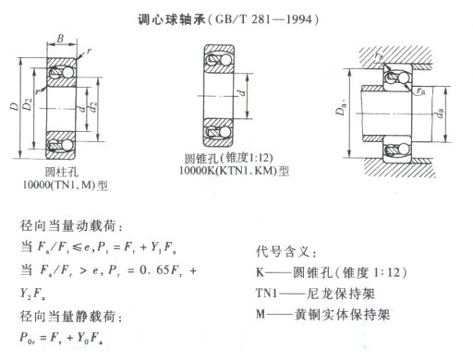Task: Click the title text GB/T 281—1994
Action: coord(263,19)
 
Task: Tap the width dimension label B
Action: coord(60,38)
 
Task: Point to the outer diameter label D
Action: coord(14,106)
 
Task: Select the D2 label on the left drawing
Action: coord(28,103)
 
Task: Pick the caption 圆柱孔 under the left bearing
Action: coord(62,172)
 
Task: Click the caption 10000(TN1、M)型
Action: coord(66,185)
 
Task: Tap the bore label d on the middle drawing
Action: coord(242,92)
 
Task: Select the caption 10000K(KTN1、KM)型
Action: coord(234,170)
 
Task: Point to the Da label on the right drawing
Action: coord(341,108)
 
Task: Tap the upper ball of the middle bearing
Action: coord(224,60)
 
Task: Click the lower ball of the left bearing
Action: coord(67,145)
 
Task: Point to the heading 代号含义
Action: coord(283,252)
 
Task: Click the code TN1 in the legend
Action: coord(266,293)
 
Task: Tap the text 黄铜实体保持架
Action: coord(342,315)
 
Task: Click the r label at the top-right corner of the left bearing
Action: coord(89,51)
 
